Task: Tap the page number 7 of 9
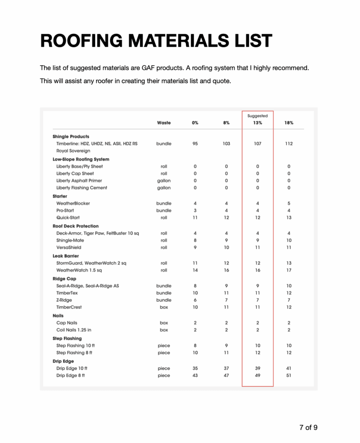pyautogui.click(x=308, y=427)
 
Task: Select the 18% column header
pyautogui.click(x=289, y=123)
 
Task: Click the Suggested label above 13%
pyautogui.click(x=258, y=116)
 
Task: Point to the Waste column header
pyautogui.click(x=164, y=123)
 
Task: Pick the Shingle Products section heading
pyautogui.click(x=71, y=137)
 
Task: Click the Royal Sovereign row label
pyautogui.click(x=73, y=151)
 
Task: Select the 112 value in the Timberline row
pyautogui.click(x=289, y=144)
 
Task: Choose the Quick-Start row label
pyautogui.click(x=68, y=218)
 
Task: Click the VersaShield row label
pyautogui.click(x=69, y=247)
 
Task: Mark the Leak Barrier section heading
pyautogui.click(x=65, y=256)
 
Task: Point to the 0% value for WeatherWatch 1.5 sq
pyautogui.click(x=195, y=270)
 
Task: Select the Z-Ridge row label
pyautogui.click(x=64, y=300)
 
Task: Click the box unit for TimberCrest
pyautogui.click(x=164, y=307)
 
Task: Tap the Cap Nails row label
pyautogui.click(x=67, y=323)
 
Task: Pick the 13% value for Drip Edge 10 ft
pyautogui.click(x=258, y=369)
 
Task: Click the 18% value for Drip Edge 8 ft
pyautogui.click(x=289, y=376)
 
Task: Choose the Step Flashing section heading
pyautogui.click(x=67, y=338)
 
